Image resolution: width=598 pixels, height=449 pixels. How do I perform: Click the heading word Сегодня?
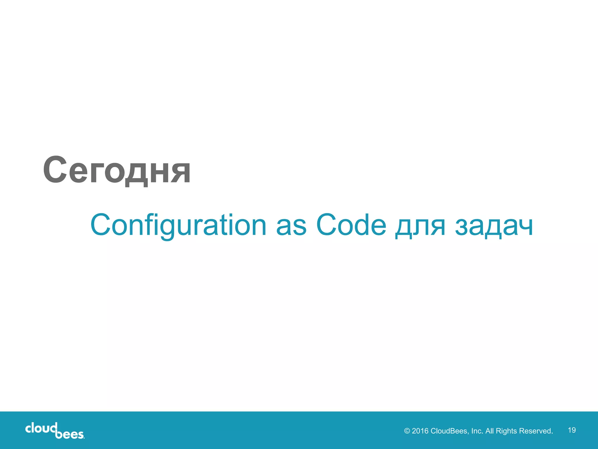pyautogui.click(x=117, y=170)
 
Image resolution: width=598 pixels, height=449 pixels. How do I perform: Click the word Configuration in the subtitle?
pyautogui.click(x=178, y=225)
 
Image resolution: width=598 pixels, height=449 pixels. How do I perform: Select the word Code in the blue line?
pyautogui.click(x=351, y=225)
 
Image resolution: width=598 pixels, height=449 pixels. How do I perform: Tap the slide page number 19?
pyautogui.click(x=572, y=430)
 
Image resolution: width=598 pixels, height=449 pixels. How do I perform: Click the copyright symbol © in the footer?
pyautogui.click(x=407, y=431)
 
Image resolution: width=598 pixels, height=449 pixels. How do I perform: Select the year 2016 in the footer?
pyautogui.click(x=420, y=431)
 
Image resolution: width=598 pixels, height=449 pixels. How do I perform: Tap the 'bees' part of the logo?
pyautogui.click(x=69, y=434)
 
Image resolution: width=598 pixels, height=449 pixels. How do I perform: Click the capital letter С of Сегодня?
pyautogui.click(x=55, y=170)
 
